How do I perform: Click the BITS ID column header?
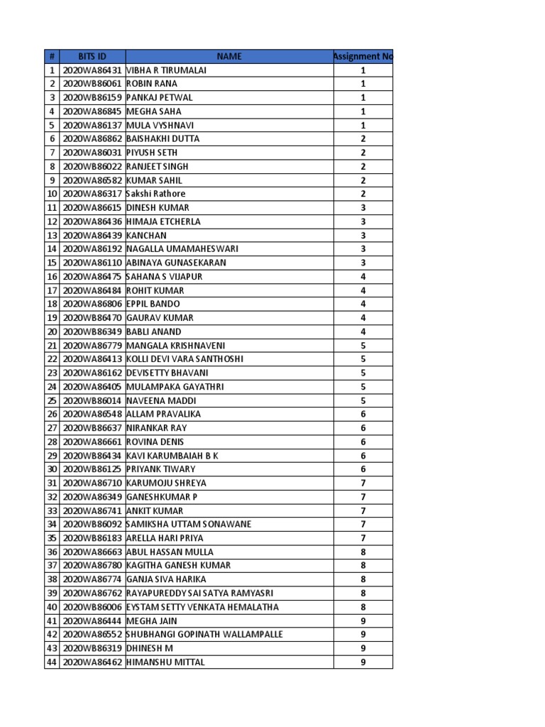point(92,57)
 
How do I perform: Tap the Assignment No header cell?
point(363,57)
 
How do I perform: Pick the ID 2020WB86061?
point(92,84)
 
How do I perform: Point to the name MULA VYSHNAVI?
point(160,125)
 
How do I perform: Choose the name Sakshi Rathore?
point(155,194)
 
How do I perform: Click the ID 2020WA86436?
point(92,222)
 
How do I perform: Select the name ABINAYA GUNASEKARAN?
point(176,263)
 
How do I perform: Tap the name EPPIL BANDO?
point(153,304)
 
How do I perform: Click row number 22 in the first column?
point(52,359)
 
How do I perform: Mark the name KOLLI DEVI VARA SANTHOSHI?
point(185,359)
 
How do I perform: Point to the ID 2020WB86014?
point(92,400)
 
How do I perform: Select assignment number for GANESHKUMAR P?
point(363,497)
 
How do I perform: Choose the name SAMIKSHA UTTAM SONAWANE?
point(189,524)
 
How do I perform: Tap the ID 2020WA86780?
point(92,566)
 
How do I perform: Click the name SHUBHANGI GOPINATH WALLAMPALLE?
point(204,635)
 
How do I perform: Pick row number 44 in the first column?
point(52,662)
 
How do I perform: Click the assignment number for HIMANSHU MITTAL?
point(363,662)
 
